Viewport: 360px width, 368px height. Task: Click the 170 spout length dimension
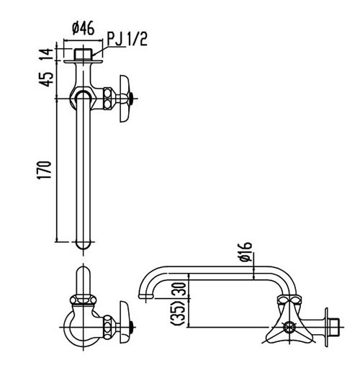click(44, 171)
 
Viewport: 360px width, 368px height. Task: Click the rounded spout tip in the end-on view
click(84, 277)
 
